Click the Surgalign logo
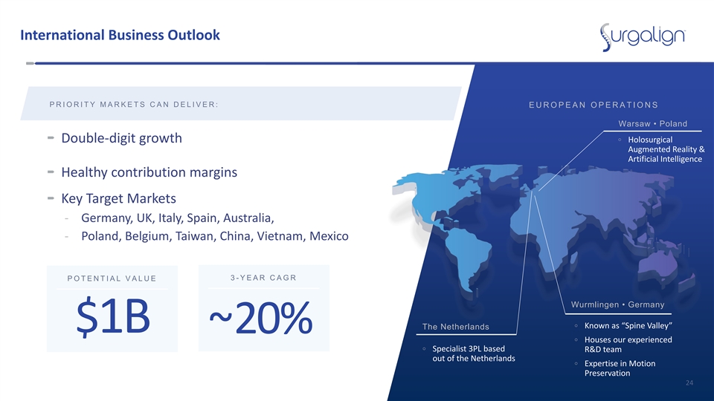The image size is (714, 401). point(642,36)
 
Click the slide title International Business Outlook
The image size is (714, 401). point(120,35)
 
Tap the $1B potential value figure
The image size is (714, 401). point(113,317)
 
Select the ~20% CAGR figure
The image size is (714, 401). point(261,318)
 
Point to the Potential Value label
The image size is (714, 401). point(112,278)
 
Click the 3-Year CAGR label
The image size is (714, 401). point(263,277)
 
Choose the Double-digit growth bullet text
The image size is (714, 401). point(121,138)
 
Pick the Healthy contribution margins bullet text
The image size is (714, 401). point(149,172)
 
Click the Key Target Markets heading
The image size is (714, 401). point(118,199)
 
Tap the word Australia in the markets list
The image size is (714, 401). point(250,218)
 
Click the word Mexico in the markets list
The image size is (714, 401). point(329,236)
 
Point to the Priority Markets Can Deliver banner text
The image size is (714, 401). point(134,105)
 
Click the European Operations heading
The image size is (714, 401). point(594,105)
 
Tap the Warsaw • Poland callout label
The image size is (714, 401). point(652,124)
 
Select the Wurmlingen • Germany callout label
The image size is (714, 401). point(617,304)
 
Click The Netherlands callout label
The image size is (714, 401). point(455,327)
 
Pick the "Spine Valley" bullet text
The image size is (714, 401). point(628,325)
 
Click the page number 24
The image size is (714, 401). point(689,383)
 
